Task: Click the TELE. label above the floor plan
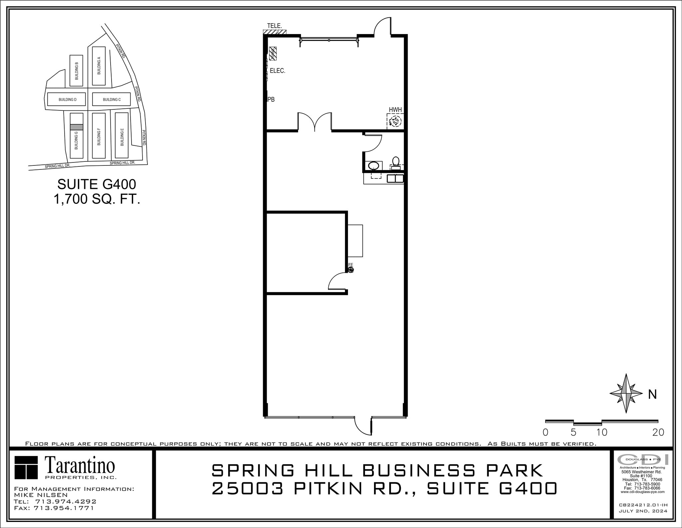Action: [x=274, y=26]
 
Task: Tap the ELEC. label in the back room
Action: [x=277, y=71]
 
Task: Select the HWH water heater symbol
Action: [x=395, y=121]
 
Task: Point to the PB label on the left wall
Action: [x=271, y=99]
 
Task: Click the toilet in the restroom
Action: [x=396, y=162]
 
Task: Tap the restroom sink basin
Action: [x=374, y=165]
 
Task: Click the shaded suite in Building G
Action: [x=76, y=127]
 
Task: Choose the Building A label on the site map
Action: [x=99, y=66]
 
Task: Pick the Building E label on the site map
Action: [x=122, y=137]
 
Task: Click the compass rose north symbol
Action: [x=626, y=394]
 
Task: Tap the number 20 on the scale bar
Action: [x=658, y=433]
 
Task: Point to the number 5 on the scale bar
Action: [x=573, y=433]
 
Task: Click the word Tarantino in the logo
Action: [x=80, y=466]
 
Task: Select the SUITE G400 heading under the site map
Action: [x=97, y=184]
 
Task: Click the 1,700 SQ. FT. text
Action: [x=97, y=199]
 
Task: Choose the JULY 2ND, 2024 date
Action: [x=643, y=520]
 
